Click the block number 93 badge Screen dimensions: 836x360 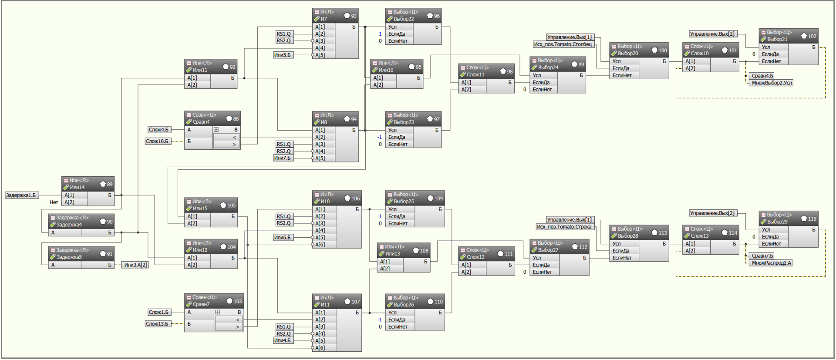(x=350, y=16)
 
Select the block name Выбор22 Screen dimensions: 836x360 (x=404, y=19)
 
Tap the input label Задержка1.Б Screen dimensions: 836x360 (x=21, y=195)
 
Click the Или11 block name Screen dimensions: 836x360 (x=200, y=70)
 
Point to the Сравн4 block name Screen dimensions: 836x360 (x=201, y=122)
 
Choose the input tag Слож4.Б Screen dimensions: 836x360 (x=158, y=130)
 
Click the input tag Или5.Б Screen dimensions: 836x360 (x=282, y=55)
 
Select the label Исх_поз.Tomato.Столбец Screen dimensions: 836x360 (x=563, y=44)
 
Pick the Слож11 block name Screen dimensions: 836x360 (x=475, y=75)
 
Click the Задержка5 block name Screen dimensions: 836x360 (x=69, y=257)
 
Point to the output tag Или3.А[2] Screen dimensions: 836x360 (x=135, y=265)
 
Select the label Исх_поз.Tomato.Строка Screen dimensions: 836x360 (x=564, y=227)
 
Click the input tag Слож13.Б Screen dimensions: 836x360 (x=157, y=324)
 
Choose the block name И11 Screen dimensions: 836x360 (x=325, y=305)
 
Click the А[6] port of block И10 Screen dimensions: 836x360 (x=320, y=245)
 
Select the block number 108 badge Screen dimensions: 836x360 (x=421, y=250)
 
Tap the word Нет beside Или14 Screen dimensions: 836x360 (x=54, y=202)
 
